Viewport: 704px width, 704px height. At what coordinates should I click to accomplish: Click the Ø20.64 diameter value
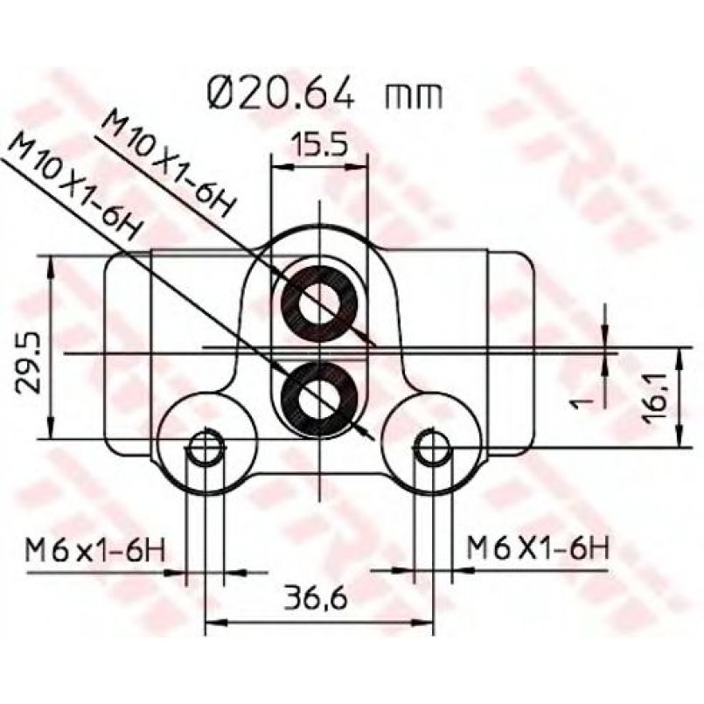click(x=281, y=93)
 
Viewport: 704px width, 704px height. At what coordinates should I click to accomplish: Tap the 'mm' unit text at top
click(x=413, y=97)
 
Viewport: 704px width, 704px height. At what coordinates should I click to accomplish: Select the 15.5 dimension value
click(x=319, y=143)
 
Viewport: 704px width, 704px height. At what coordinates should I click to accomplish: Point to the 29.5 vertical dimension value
click(x=27, y=363)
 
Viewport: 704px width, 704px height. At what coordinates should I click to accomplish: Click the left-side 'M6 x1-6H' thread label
click(x=95, y=550)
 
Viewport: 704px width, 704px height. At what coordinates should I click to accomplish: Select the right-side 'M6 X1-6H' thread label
click(x=539, y=547)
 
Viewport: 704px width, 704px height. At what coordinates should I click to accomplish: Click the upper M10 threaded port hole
click(x=319, y=304)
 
